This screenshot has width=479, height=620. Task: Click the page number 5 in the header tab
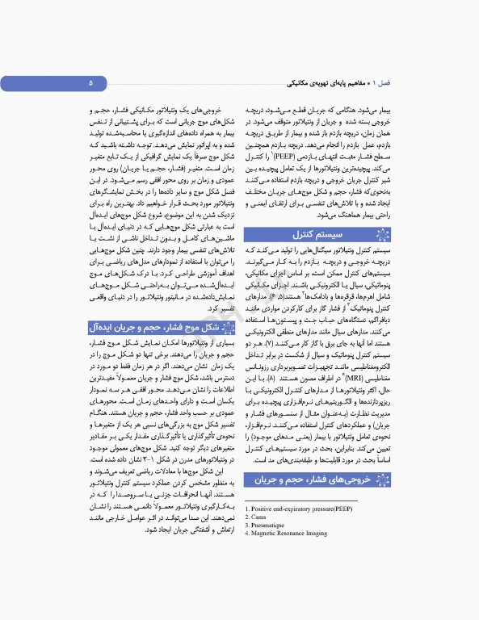pyautogui.click(x=91, y=83)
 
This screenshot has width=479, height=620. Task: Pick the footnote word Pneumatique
pyautogui.click(x=265, y=525)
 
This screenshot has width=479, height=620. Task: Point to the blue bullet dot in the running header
pyautogui.click(x=368, y=84)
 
